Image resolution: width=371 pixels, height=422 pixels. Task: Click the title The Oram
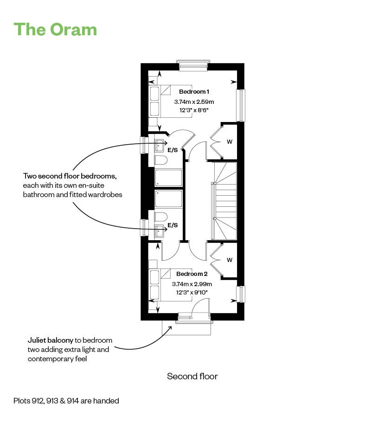pyautogui.click(x=56, y=29)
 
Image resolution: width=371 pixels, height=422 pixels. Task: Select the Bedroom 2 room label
pyautogui.click(x=192, y=274)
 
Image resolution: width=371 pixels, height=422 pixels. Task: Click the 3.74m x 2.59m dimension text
pyautogui.click(x=194, y=102)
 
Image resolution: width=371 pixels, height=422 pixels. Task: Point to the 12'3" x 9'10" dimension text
pyautogui.click(x=192, y=292)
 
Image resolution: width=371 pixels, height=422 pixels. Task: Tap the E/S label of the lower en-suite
pyautogui.click(x=173, y=225)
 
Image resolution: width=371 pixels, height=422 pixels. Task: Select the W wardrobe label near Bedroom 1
pyautogui.click(x=229, y=142)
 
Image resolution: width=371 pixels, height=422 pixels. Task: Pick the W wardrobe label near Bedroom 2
pyautogui.click(x=229, y=260)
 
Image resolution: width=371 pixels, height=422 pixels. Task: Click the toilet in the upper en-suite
pyautogui.click(x=160, y=160)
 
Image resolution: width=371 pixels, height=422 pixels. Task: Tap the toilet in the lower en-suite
pyautogui.click(x=160, y=217)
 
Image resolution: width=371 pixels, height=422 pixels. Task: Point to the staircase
pyautogui.click(x=224, y=201)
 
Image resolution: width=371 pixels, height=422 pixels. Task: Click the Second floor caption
pyautogui.click(x=192, y=376)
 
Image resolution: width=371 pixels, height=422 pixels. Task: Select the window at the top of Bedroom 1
pyautogui.click(x=193, y=65)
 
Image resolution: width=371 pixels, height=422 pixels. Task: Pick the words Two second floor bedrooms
pyautogui.click(x=70, y=177)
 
